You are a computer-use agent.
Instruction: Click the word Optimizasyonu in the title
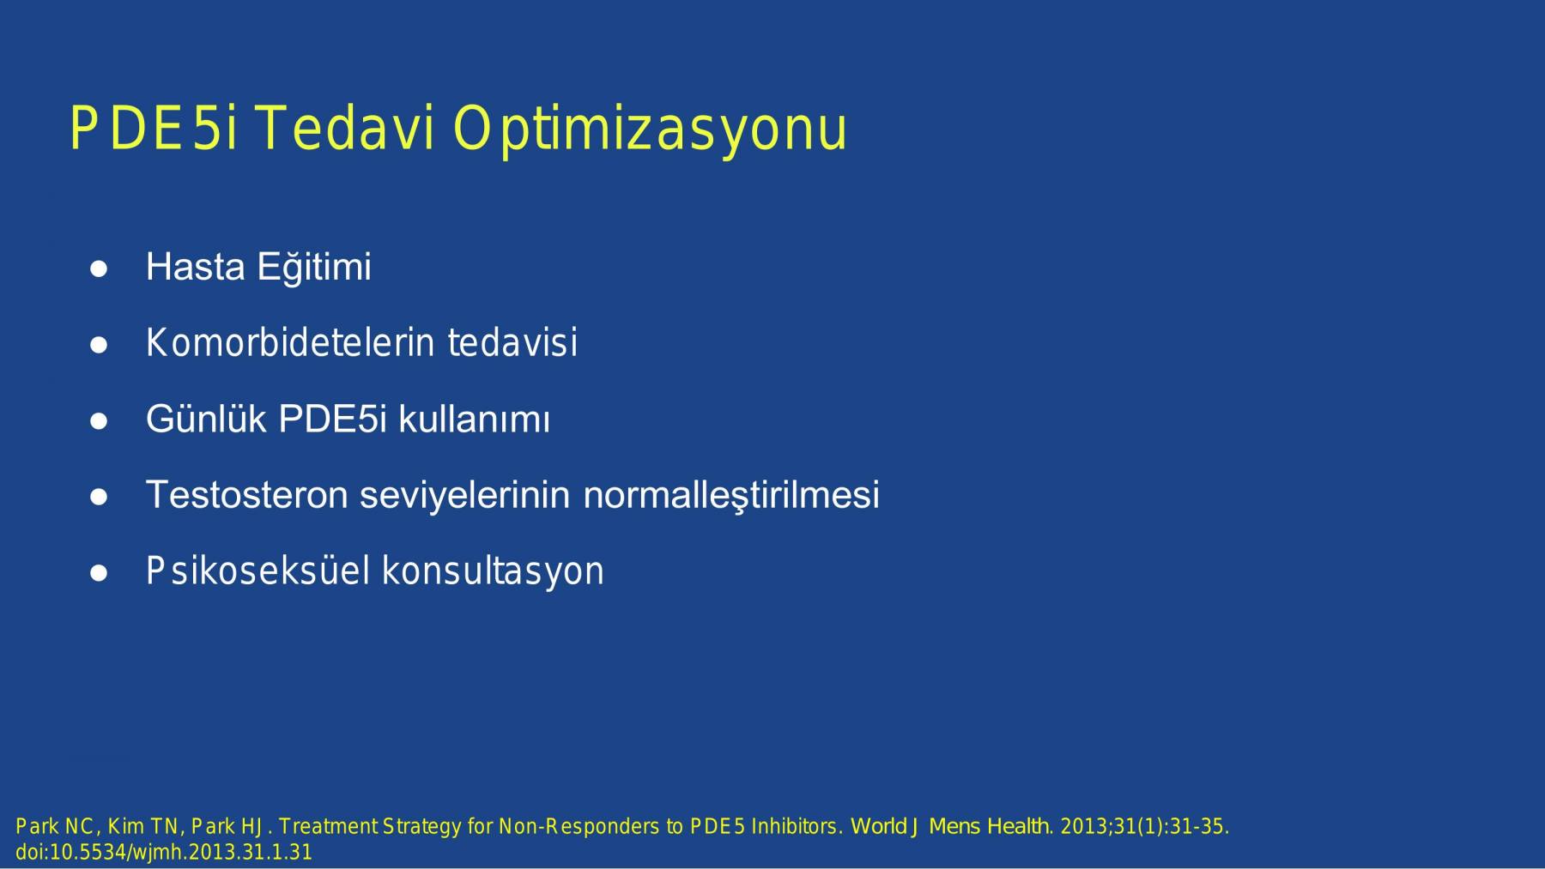[x=650, y=130]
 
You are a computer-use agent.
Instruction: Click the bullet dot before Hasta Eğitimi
[x=99, y=269]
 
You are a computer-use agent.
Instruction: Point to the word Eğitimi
[x=314, y=267]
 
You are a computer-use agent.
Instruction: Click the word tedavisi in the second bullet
[x=512, y=343]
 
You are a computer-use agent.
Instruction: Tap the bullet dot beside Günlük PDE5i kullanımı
[x=99, y=421]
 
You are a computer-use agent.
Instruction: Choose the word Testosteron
[x=247, y=495]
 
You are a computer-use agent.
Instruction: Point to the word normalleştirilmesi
[x=731, y=495]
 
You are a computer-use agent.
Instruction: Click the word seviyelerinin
[x=465, y=496]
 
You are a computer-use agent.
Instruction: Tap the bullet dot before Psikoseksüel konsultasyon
[x=99, y=573]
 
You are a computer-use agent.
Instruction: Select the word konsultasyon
[x=493, y=572]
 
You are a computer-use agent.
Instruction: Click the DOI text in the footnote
[x=164, y=853]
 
